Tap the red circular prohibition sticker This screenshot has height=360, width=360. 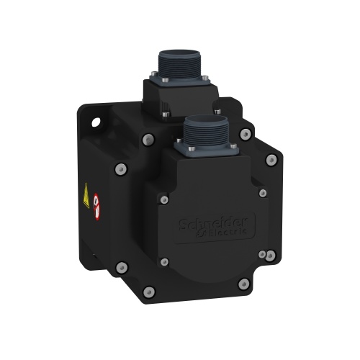click(95, 209)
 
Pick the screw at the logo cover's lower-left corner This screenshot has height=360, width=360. click(165, 261)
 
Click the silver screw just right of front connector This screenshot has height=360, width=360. click(246, 134)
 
